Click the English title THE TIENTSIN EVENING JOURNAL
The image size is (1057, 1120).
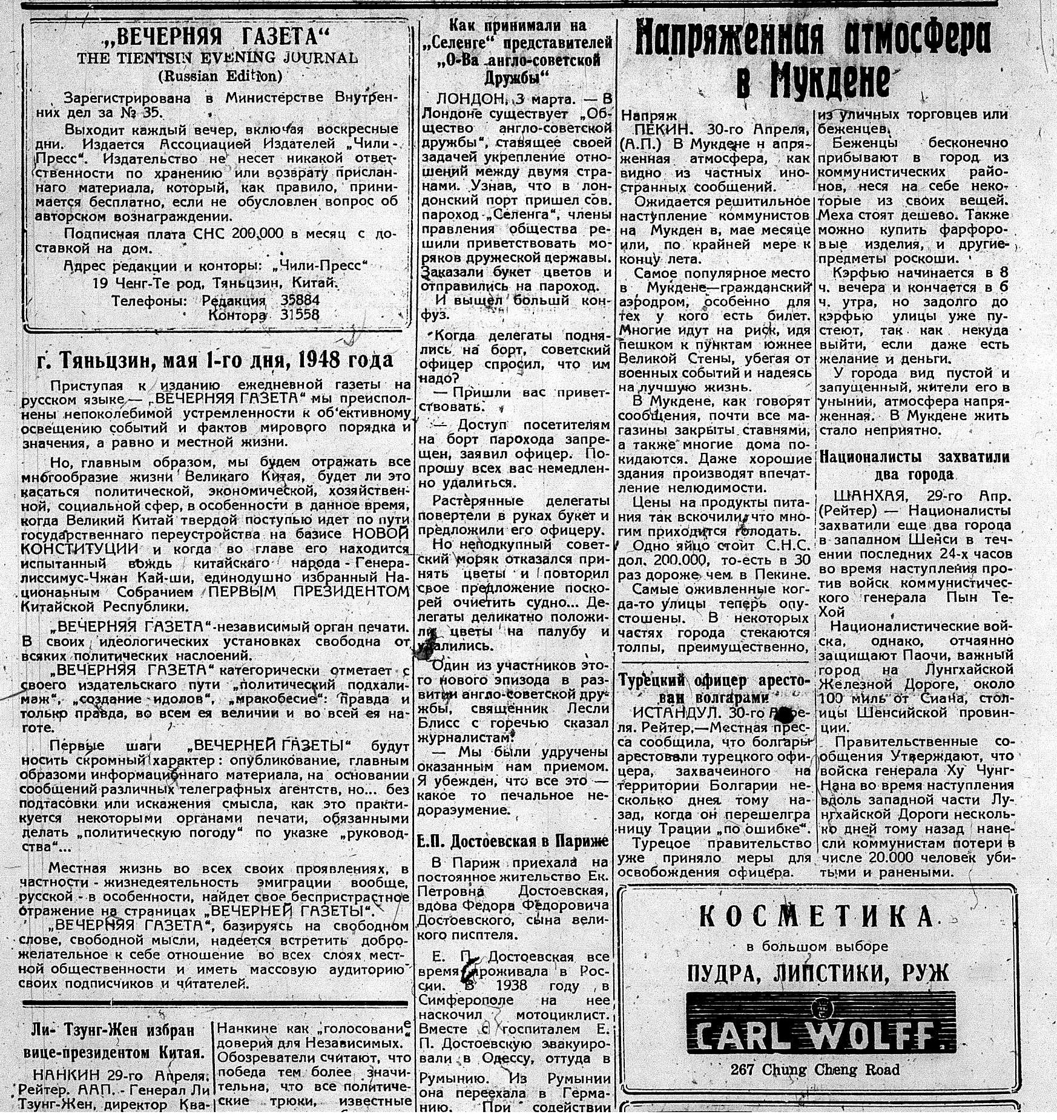tap(217, 58)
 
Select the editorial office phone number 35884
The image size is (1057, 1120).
tap(300, 300)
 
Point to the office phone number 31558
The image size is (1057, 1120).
tap(299, 315)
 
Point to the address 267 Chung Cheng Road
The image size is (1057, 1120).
tap(815, 1070)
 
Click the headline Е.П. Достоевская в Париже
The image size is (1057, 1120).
tap(513, 842)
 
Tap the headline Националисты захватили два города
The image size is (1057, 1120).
tap(914, 465)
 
